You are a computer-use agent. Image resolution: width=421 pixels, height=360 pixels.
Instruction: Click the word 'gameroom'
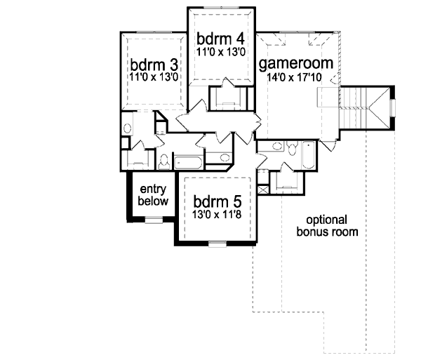[x=300, y=65]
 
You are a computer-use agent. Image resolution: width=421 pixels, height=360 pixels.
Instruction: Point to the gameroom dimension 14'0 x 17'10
[x=300, y=79]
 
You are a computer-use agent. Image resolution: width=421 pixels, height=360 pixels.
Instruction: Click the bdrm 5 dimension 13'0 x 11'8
[x=216, y=208]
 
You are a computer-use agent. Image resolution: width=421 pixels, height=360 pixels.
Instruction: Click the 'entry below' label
[x=153, y=195]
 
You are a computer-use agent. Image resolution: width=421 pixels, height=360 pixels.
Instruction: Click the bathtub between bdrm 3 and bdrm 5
[x=187, y=163]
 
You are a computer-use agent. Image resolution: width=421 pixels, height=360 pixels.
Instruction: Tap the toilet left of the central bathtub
[x=163, y=161]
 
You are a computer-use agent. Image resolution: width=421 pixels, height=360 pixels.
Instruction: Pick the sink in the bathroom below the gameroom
[x=276, y=147]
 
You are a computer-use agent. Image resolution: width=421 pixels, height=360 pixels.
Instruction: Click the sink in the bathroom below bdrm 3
[x=127, y=129]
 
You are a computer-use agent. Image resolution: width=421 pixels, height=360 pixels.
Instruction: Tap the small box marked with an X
[x=262, y=189]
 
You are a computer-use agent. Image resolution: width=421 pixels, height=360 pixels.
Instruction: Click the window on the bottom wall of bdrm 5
[x=218, y=243]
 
